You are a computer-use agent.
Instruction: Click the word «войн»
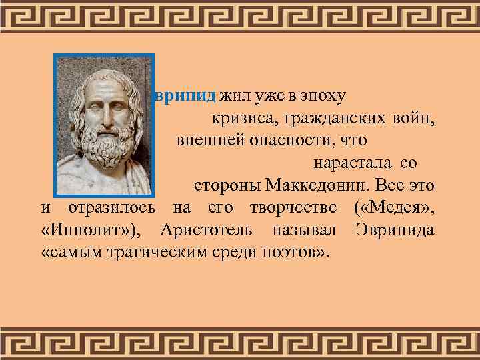tap(414, 119)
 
